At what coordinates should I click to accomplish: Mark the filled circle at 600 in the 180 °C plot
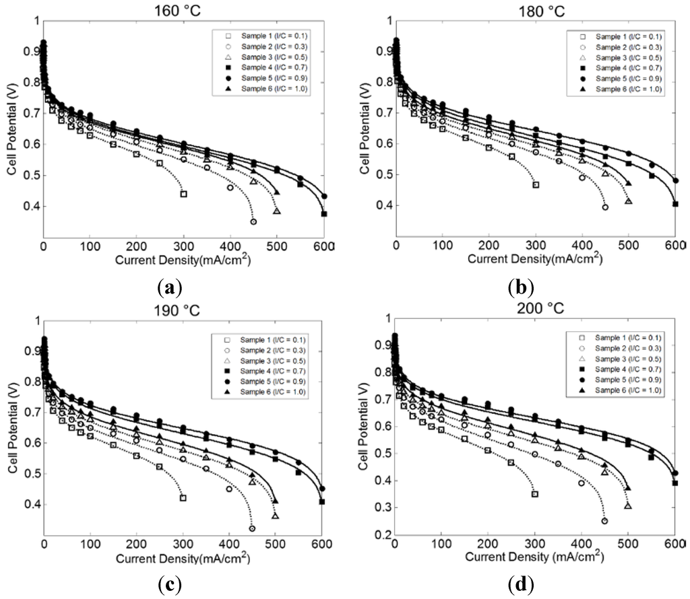click(x=675, y=180)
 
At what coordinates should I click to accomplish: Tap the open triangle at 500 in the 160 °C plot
click(x=276, y=211)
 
